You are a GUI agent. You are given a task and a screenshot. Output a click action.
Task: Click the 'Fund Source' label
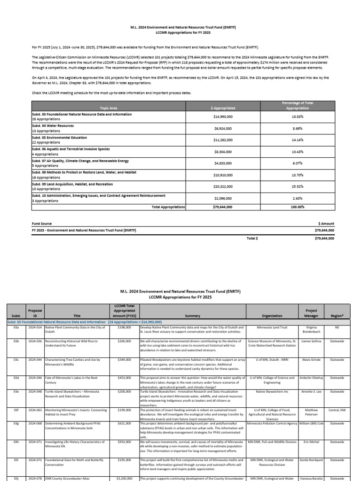42,224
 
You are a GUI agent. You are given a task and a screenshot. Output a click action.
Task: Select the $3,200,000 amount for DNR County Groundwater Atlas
125,478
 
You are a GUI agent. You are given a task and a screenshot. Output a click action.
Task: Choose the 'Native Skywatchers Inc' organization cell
272,391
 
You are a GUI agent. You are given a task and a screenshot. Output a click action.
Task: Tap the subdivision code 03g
16,423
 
